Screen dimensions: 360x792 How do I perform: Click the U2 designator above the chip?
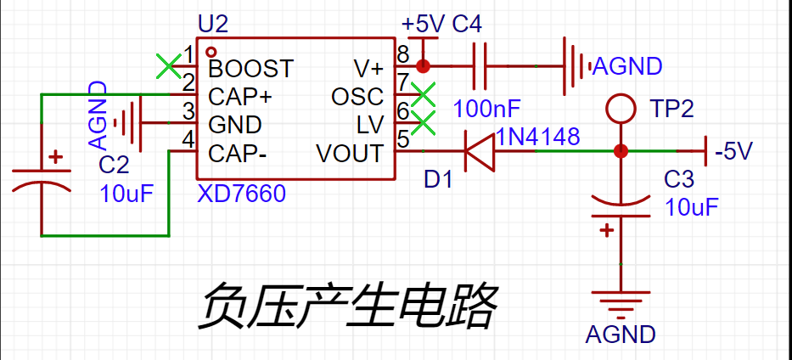[212, 22]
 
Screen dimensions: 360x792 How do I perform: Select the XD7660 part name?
[241, 194]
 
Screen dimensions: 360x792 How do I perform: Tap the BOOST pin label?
[250, 67]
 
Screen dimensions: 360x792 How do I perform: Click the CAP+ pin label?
[240, 96]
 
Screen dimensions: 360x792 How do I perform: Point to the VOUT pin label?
[350, 154]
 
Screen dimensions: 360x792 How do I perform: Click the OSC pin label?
[357, 97]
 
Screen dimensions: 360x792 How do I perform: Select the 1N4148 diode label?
[538, 137]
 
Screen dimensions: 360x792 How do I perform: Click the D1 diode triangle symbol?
[479, 154]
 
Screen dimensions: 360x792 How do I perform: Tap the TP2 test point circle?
[621, 109]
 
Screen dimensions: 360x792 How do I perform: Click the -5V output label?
[734, 153]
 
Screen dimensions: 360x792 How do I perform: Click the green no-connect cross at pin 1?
[169, 65]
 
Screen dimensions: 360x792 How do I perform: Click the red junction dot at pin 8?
[424, 65]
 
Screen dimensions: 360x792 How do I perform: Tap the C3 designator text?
[680, 180]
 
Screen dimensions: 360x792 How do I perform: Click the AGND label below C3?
[621, 334]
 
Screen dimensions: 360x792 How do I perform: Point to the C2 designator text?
[114, 165]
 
